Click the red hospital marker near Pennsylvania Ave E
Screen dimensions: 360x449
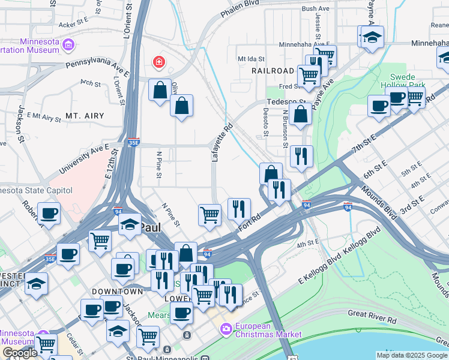coord(158,61)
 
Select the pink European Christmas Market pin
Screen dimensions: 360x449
coord(226,328)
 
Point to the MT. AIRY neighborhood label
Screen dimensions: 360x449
coord(85,116)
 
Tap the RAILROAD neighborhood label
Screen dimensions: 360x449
coord(273,71)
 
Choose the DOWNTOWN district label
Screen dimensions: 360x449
coord(117,291)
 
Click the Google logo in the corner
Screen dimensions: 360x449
coord(20,353)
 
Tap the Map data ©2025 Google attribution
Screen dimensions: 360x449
coord(411,355)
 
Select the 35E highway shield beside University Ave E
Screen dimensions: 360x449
coord(133,143)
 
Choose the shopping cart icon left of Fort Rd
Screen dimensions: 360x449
coord(209,214)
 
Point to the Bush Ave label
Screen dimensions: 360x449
coord(316,9)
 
